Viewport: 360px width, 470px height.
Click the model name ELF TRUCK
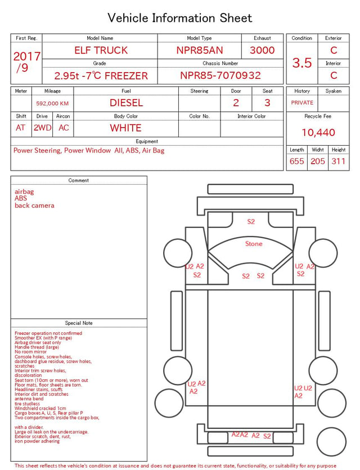coord(101,50)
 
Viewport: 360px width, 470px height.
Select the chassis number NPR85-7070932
coord(220,75)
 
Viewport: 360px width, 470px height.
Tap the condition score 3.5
coord(302,63)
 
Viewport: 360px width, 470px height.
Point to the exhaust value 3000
coord(262,50)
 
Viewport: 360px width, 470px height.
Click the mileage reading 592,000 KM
coord(52,104)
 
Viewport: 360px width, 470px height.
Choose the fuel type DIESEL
coord(126,103)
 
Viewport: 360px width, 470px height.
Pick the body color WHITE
coord(125,128)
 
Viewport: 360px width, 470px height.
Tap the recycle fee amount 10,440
coord(318,132)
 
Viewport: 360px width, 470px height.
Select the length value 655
coord(297,161)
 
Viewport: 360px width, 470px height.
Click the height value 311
coord(339,161)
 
